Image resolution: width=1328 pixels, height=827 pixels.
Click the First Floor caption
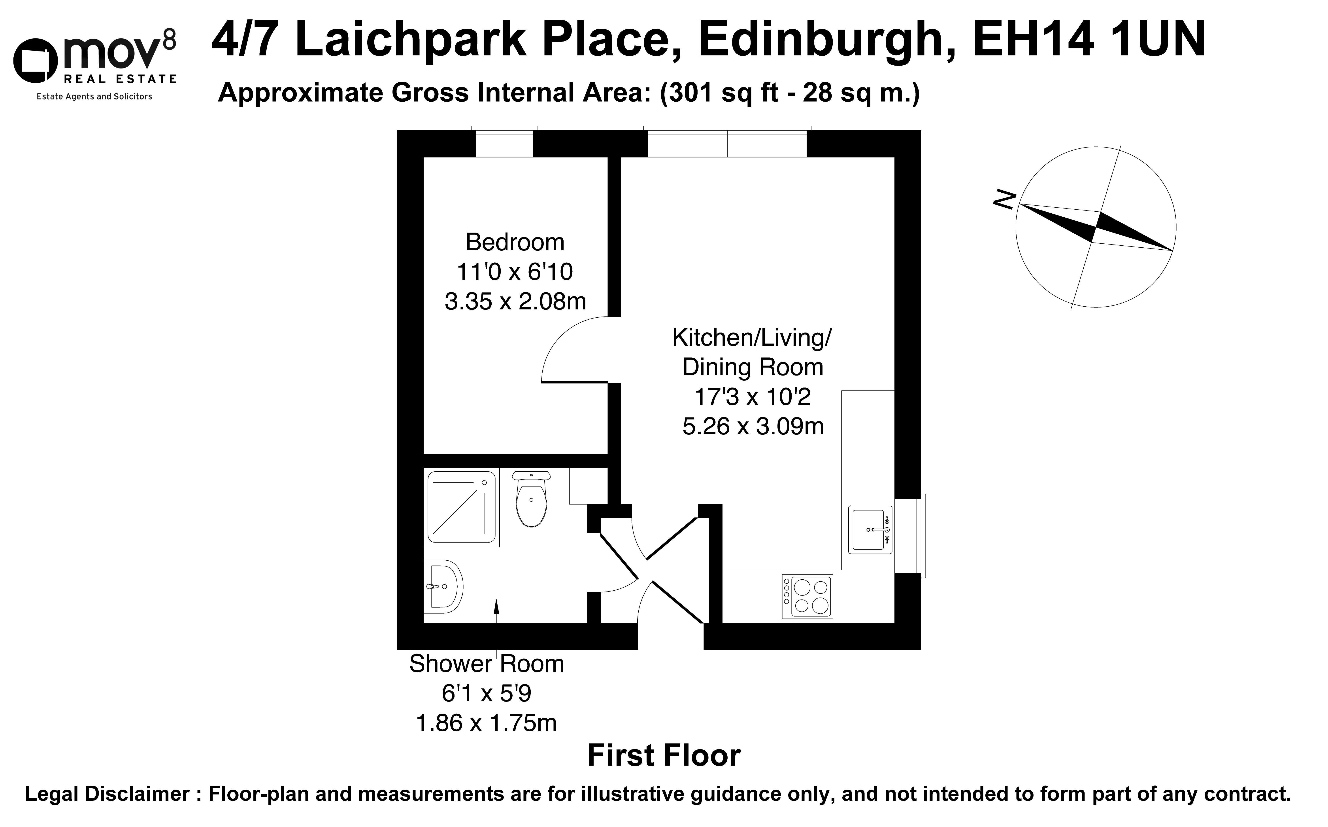664,755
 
